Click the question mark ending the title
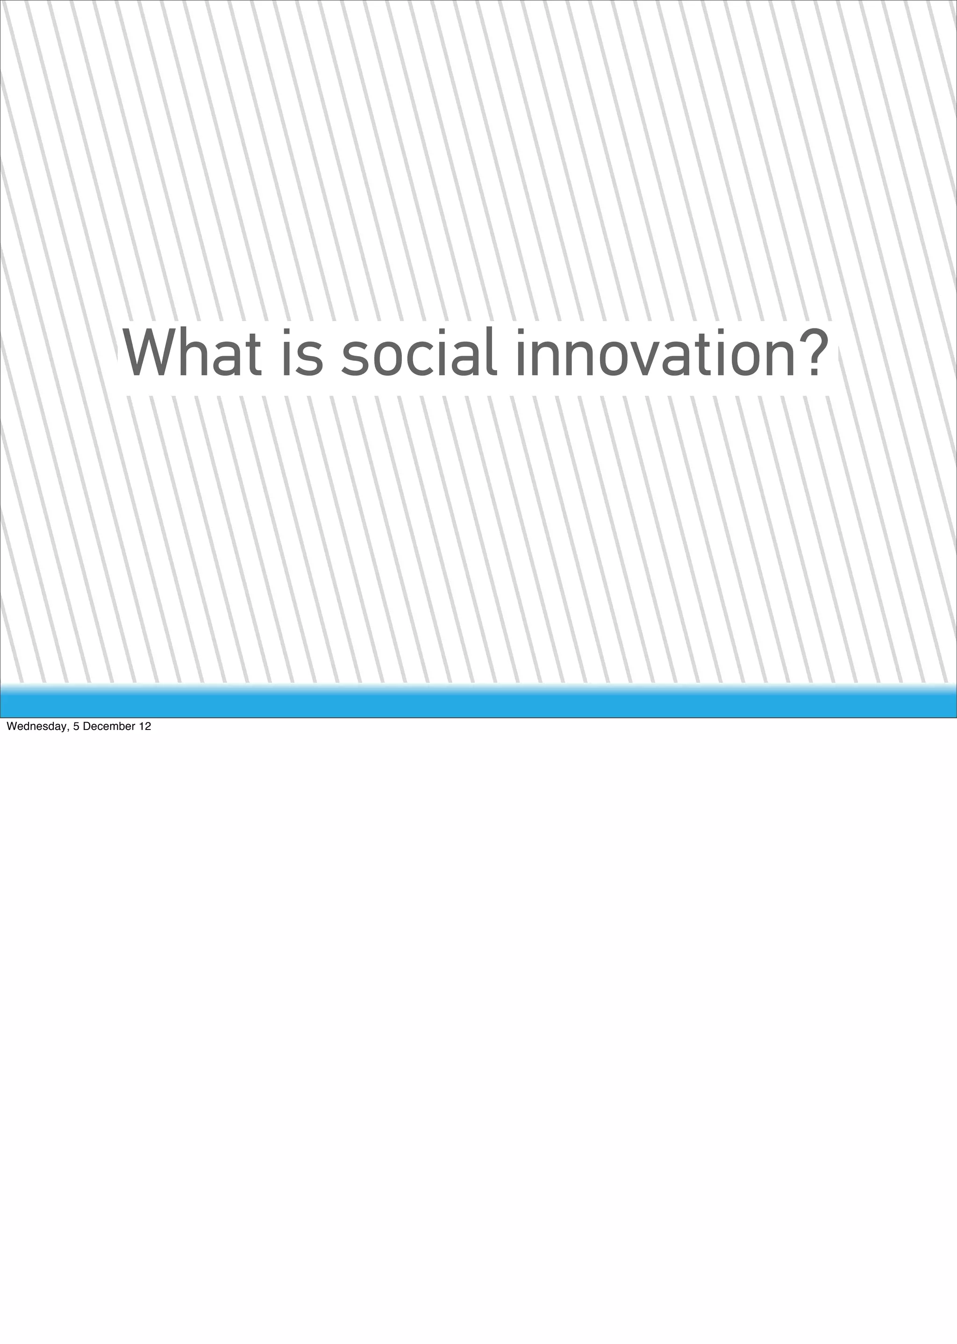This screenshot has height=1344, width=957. (x=814, y=352)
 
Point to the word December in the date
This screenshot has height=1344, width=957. (x=108, y=727)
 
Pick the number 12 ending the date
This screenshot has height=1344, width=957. (x=144, y=727)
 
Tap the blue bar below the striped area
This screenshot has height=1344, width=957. (x=478, y=704)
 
